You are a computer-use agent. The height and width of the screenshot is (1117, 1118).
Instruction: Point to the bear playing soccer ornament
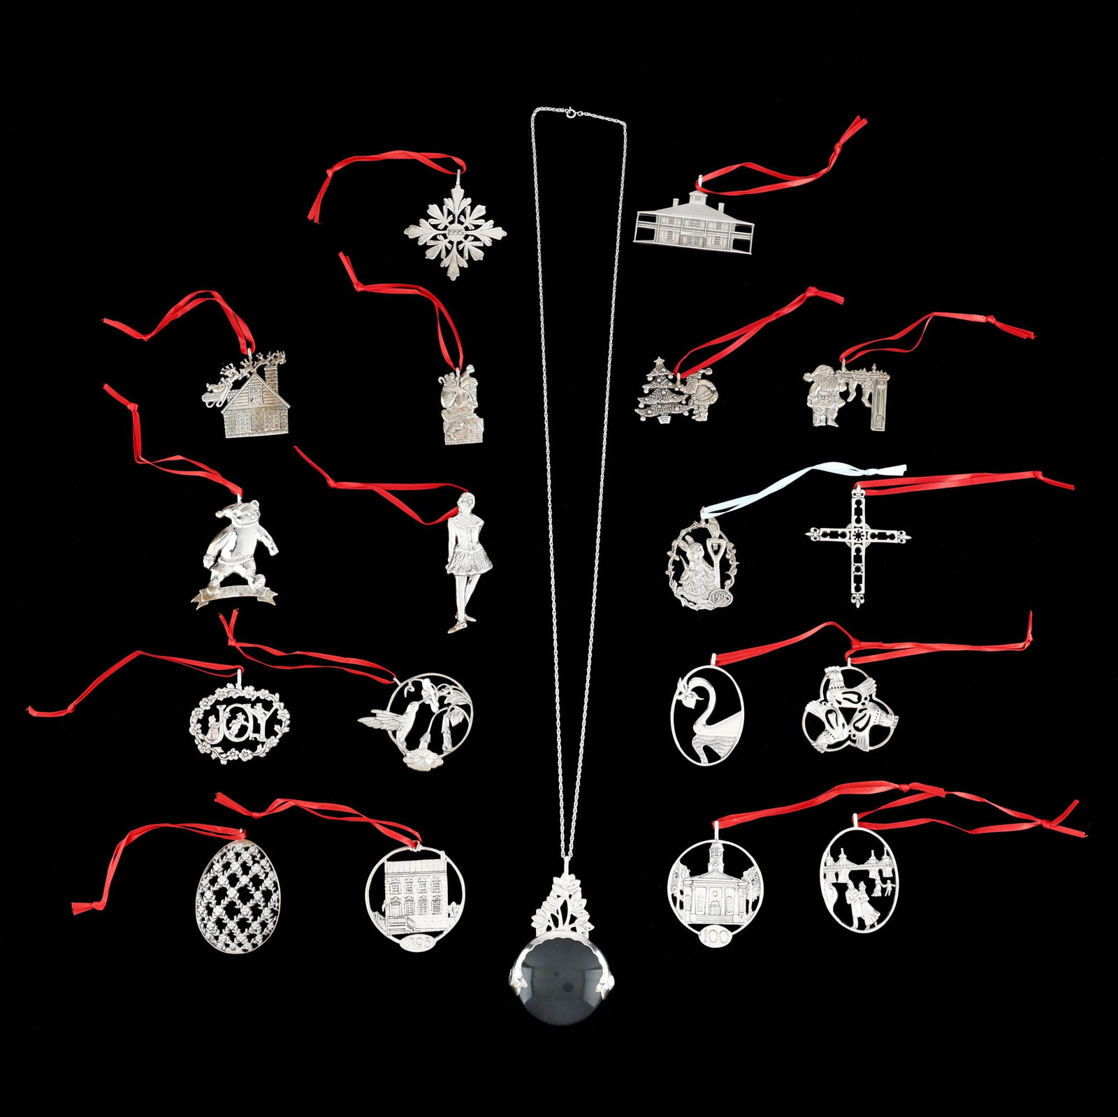tap(236, 552)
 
